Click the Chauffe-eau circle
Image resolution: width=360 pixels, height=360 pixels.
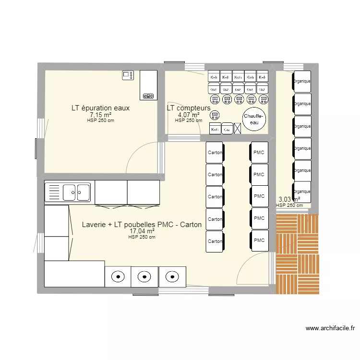coord(252,119)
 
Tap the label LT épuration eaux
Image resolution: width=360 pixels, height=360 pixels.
coord(100,108)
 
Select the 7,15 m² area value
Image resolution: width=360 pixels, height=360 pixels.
coord(100,115)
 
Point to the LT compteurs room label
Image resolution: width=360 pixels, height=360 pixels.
coord(189,108)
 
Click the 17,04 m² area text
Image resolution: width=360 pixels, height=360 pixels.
coord(142,231)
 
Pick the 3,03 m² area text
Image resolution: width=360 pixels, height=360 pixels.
coord(289,199)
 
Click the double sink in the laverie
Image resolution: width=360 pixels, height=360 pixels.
coord(70,192)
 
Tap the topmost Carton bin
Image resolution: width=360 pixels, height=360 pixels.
coord(215,153)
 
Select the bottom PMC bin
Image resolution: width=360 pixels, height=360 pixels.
coord(259,240)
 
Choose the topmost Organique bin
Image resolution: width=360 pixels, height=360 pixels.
coord(302,82)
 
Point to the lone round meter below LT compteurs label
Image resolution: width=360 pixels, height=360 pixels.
coord(215,114)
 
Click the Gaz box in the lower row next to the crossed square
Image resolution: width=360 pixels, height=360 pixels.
coord(227,129)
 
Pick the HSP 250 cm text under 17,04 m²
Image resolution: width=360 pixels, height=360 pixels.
coord(142,237)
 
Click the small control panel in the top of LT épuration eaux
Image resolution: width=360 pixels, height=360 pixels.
coord(128,75)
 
